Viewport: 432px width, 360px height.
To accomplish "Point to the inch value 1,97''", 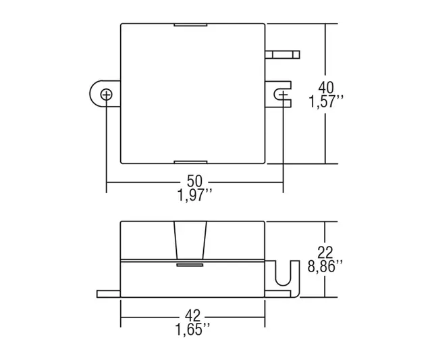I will click(194, 198).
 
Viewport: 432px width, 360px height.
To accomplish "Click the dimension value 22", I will click(326, 251).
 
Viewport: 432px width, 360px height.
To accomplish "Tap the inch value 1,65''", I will click(194, 331).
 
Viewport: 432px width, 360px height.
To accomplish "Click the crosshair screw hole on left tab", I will click(106, 94).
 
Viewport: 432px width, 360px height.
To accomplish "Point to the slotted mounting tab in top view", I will click(279, 94).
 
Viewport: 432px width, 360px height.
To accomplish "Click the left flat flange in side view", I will click(108, 293).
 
